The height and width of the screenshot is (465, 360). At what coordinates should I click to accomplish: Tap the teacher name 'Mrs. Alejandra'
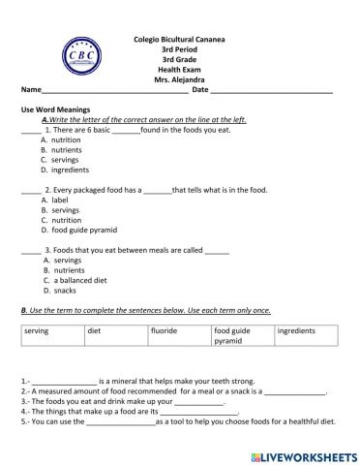click(178, 78)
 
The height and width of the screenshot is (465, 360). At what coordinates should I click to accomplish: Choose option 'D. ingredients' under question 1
click(69, 170)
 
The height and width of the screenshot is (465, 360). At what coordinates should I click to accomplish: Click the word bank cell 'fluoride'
click(164, 331)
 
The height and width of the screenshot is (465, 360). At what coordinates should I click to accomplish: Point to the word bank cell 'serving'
click(36, 331)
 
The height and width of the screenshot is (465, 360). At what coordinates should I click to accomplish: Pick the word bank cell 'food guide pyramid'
click(232, 336)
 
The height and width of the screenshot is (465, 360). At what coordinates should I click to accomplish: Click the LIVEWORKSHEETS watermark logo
click(303, 454)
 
